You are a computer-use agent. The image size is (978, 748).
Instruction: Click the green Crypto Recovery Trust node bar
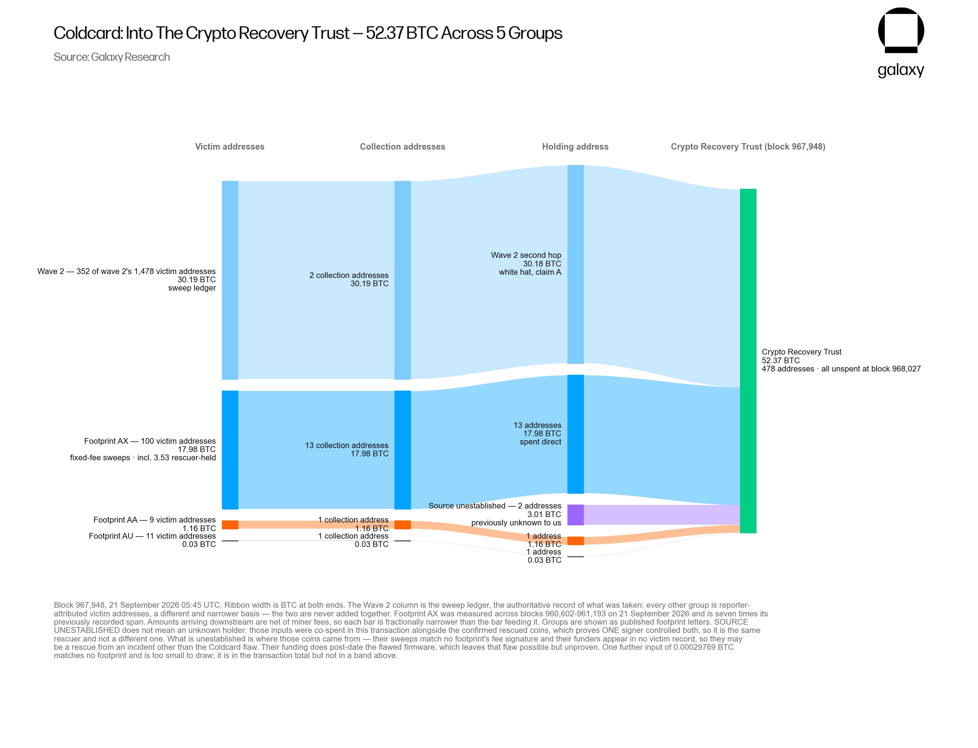click(748, 361)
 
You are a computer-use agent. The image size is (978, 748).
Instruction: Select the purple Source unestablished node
click(575, 515)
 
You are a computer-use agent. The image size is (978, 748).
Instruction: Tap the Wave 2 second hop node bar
click(575, 264)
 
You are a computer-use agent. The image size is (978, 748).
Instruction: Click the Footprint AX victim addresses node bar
click(230, 450)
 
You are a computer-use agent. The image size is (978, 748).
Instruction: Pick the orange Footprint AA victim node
click(230, 524)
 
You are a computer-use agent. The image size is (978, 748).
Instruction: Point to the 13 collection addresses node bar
click(402, 450)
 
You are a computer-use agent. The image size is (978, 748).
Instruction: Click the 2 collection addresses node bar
click(402, 280)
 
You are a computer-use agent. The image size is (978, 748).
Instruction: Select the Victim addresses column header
click(230, 146)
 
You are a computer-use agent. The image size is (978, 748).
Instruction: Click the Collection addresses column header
click(402, 146)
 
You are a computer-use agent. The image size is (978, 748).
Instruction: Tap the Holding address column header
click(575, 146)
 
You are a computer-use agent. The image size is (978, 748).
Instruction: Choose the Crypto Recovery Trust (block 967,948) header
click(748, 146)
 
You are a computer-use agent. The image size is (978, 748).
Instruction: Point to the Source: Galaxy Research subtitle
click(112, 57)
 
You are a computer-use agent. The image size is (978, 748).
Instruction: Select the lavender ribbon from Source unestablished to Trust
click(662, 515)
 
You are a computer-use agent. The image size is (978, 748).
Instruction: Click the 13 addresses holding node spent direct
click(575, 434)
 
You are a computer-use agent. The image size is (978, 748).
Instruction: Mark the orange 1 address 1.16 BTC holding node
click(575, 541)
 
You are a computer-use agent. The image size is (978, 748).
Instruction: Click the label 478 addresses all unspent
click(841, 369)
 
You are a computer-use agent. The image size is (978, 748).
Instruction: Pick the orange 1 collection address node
click(402, 524)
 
